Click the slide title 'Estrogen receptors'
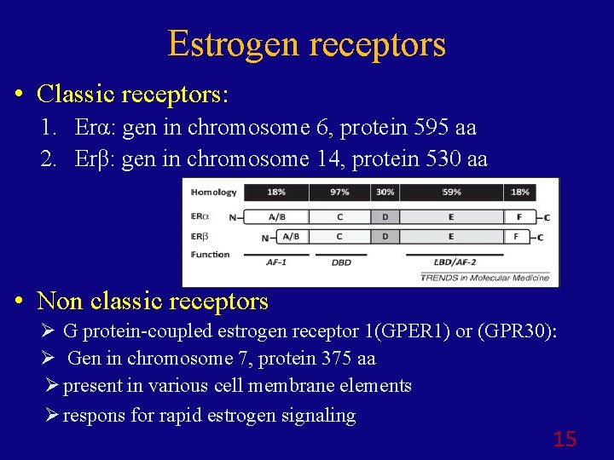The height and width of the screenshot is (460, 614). pos(307,43)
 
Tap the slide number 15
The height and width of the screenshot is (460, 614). pos(565,439)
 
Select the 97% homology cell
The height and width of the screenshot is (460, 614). pos(339,193)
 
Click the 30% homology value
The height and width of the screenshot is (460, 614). pos(385,193)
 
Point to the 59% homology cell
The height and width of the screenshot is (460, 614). pos(451,193)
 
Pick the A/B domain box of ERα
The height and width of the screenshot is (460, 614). pos(276,216)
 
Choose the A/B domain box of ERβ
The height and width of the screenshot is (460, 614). pos(291,236)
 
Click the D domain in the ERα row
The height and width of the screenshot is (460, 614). pos(385,216)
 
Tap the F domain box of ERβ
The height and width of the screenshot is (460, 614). pos(516,236)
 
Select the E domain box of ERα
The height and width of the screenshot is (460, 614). pos(451,216)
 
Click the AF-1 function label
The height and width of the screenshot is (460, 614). pos(276,262)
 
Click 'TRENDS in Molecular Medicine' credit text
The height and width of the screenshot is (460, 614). pos(484,278)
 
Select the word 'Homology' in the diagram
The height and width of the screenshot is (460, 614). pos(214,193)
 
